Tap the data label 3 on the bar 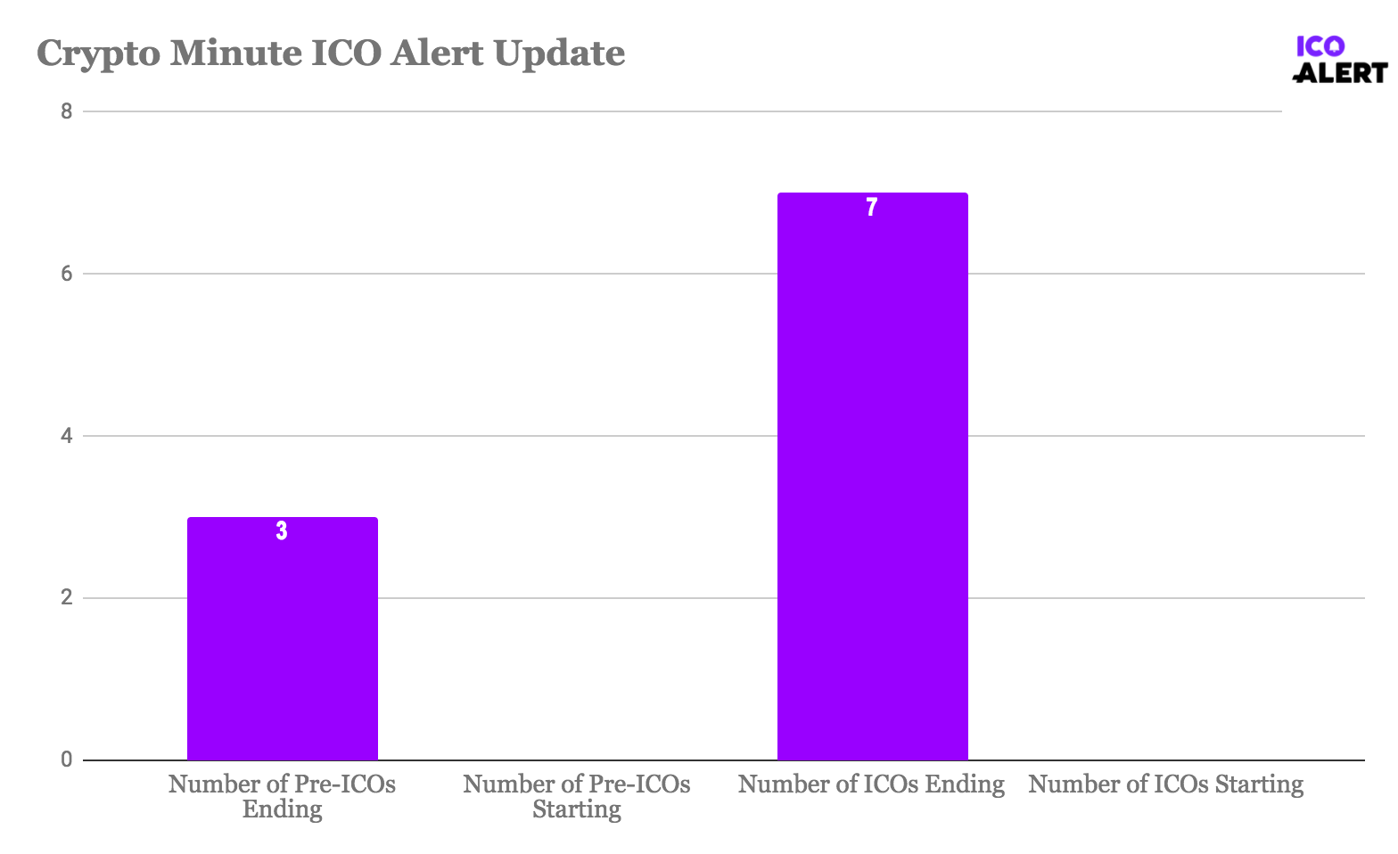pyautogui.click(x=282, y=531)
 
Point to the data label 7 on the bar pyautogui.click(x=872, y=208)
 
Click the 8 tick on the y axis pyautogui.click(x=66, y=111)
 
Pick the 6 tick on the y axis pyautogui.click(x=66, y=274)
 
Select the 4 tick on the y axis pyautogui.click(x=66, y=436)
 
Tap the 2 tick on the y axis pyautogui.click(x=66, y=598)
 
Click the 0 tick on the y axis pyautogui.click(x=66, y=760)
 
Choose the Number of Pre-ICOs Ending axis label pyautogui.click(x=282, y=796)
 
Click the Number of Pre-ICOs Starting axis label pyautogui.click(x=577, y=796)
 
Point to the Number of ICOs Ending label pyautogui.click(x=871, y=784)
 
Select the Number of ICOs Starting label pyautogui.click(x=1165, y=784)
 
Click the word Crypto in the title pyautogui.click(x=97, y=53)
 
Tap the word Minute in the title pyautogui.click(x=234, y=53)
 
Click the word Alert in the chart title pyautogui.click(x=438, y=53)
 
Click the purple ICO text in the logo pyautogui.click(x=1320, y=46)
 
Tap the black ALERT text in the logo pyautogui.click(x=1341, y=73)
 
